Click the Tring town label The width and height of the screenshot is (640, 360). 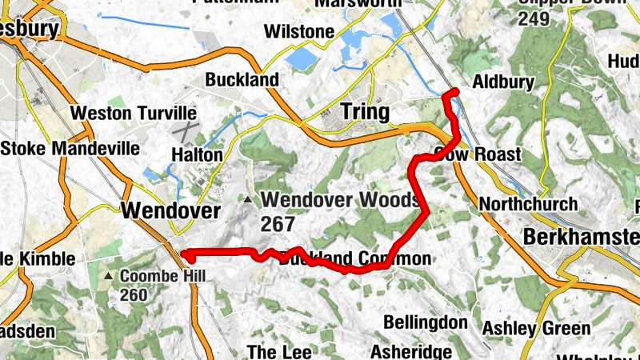click(x=365, y=111)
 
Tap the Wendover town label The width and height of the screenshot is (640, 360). click(x=170, y=210)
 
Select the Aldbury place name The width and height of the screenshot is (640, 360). click(x=502, y=82)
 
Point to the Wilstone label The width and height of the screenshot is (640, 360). click(x=298, y=32)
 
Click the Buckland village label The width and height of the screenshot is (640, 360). click(x=242, y=80)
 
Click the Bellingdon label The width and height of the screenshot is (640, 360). click(x=425, y=322)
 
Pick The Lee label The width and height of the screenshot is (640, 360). click(x=273, y=352)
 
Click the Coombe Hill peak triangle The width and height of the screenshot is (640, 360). click(x=109, y=276)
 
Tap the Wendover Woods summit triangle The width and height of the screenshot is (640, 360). click(x=250, y=200)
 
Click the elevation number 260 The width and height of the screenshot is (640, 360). click(x=134, y=295)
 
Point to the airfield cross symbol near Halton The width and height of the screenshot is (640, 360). click(x=186, y=130)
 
